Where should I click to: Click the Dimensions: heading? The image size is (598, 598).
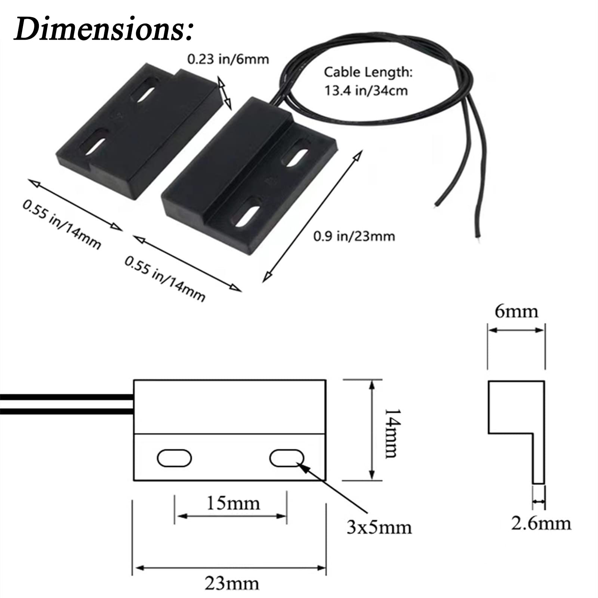(104, 29)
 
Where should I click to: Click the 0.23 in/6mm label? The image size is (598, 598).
(228, 59)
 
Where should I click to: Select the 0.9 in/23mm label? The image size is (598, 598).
(354, 236)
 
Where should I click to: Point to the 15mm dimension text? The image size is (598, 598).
(233, 503)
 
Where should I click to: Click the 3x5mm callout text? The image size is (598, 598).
(379, 527)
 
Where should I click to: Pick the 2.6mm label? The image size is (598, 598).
(541, 523)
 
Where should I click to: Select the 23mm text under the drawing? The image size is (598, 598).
(232, 583)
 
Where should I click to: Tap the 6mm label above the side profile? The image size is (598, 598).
(517, 311)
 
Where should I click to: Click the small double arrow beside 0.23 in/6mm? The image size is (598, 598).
(225, 93)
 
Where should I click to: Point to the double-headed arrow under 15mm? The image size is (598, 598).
(231, 516)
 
